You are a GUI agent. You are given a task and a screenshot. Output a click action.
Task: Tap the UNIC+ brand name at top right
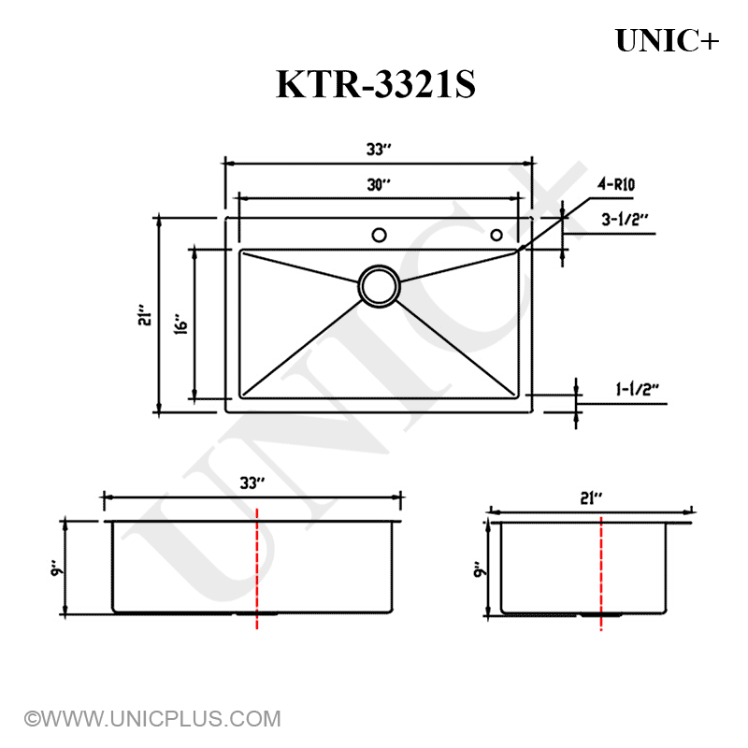pyautogui.click(x=668, y=40)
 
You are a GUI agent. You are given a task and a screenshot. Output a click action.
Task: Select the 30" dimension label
pyautogui.click(x=378, y=185)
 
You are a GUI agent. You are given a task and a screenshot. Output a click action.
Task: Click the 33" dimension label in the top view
pyautogui.click(x=378, y=149)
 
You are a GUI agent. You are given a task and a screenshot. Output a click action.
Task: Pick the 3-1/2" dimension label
pyautogui.click(x=626, y=220)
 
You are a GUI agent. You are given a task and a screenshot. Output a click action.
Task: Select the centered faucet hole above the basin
pyautogui.click(x=379, y=234)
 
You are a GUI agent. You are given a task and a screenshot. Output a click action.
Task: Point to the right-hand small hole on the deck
pyautogui.click(x=496, y=234)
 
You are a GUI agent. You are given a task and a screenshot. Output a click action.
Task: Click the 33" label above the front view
pyautogui.click(x=252, y=483)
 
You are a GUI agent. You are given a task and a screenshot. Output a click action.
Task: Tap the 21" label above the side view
pyautogui.click(x=589, y=498)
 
